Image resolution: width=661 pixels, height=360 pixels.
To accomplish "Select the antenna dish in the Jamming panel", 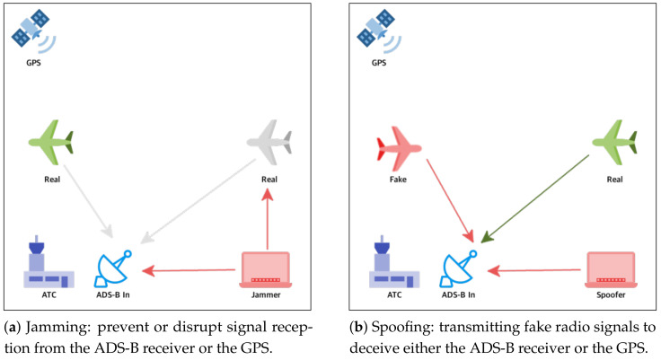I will pyautogui.click(x=115, y=267).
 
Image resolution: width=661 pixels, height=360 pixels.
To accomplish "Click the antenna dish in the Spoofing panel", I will pyautogui.click(x=460, y=267).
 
